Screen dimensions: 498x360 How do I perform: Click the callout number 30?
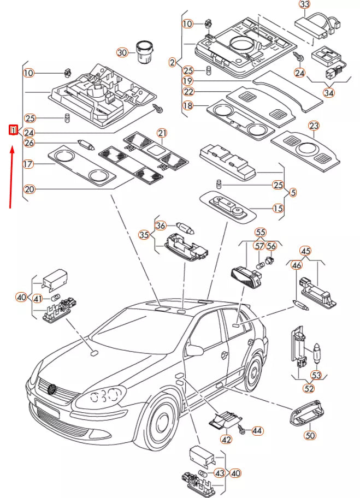click(122, 52)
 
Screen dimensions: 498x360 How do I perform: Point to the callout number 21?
click(162, 133)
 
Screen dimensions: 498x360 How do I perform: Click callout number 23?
click(314, 126)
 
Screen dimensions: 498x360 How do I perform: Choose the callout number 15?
click(278, 209)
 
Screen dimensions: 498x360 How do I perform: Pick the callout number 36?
click(160, 225)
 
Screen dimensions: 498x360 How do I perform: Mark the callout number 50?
click(310, 435)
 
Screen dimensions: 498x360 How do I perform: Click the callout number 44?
click(257, 431)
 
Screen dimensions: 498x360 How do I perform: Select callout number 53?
click(317, 376)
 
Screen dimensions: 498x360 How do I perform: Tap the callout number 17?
click(28, 164)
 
